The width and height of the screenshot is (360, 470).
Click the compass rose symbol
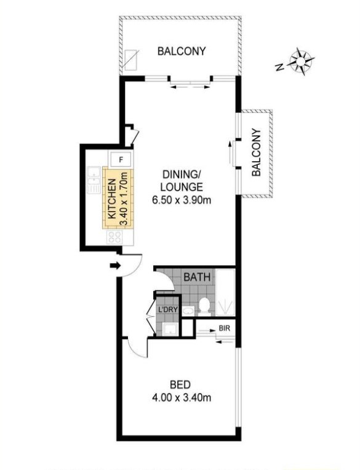[302, 62]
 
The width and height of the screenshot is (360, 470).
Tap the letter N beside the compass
[279, 67]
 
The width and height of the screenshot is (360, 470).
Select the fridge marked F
[121, 159]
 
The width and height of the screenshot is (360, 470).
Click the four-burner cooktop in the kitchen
[115, 237]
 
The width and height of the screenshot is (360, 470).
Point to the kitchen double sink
[94, 180]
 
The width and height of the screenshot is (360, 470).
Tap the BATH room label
[197, 277]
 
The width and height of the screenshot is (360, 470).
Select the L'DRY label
[168, 309]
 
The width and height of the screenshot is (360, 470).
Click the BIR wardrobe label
[224, 329]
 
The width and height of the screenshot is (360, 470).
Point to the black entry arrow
[116, 265]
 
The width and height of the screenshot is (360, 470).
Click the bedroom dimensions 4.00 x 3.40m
[182, 398]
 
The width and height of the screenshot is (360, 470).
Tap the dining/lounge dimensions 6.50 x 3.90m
[182, 200]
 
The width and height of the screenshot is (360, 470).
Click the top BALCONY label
[182, 51]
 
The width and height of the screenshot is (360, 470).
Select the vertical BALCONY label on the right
[256, 153]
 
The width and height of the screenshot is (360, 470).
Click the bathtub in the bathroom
[225, 292]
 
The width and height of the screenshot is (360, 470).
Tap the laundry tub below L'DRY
[170, 329]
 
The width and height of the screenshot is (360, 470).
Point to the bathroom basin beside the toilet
[188, 311]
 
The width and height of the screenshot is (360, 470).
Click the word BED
[180, 384]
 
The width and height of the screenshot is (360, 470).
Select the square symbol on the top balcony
[132, 60]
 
